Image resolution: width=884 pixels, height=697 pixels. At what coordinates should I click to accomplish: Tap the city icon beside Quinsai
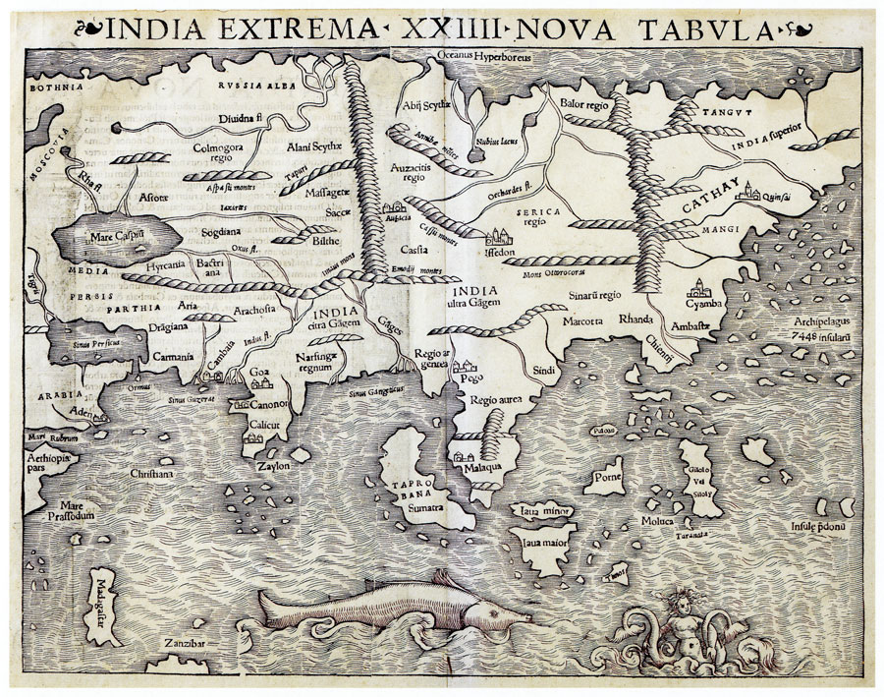point(758,192)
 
